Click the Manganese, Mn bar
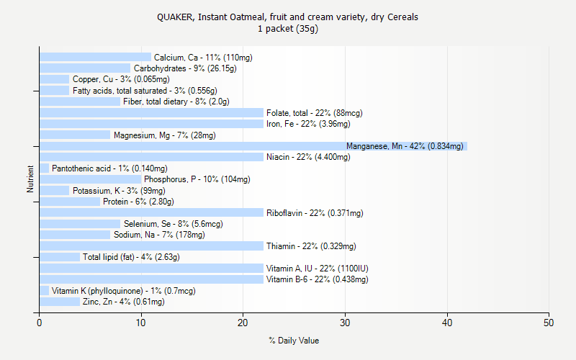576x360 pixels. coord(252,146)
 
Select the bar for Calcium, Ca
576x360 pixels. coord(95,57)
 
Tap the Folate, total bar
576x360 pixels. coord(151,112)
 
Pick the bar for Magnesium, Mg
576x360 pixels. coord(75,135)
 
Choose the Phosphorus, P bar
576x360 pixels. coord(90,179)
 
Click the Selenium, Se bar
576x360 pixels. coord(80,224)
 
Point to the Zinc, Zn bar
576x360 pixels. coord(60,302)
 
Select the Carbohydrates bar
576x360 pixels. coord(85,68)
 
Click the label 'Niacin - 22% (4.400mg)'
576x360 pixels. coord(308,157)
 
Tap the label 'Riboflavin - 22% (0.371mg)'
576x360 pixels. coord(315,213)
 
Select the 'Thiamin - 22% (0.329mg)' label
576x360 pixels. coord(311,246)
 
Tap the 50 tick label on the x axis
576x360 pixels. coord(549,323)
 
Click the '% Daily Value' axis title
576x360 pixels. coord(294,341)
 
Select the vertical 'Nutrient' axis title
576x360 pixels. coord(31,179)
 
